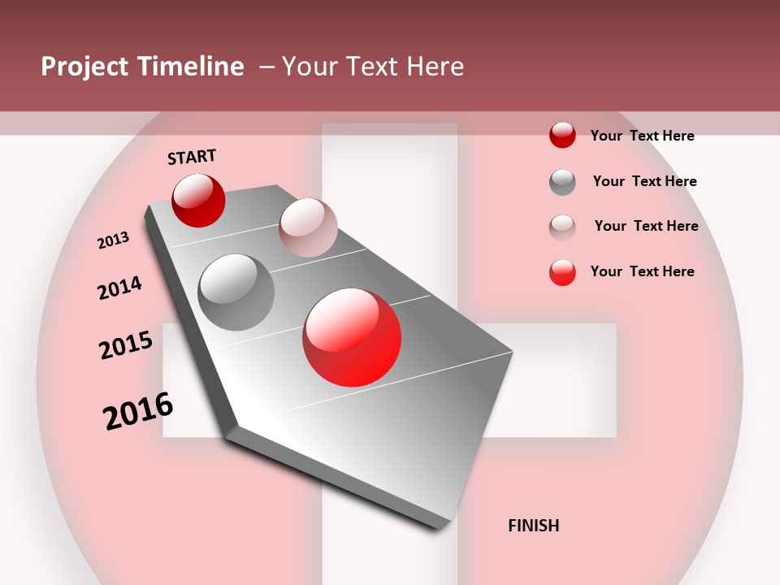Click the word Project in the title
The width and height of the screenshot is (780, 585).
84,67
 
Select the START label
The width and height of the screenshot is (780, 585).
192,157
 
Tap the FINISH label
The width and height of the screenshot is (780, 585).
533,526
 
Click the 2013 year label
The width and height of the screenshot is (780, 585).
113,240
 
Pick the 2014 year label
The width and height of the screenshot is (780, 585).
119,288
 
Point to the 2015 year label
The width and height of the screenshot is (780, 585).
126,345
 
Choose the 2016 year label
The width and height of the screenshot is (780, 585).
138,410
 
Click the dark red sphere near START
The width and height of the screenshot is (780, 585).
198,200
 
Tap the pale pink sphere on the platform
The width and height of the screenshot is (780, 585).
308,227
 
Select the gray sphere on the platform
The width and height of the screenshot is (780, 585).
236,292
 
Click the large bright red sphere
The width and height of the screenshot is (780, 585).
352,337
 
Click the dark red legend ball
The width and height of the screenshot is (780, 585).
562,136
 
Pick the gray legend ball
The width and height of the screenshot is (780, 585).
562,182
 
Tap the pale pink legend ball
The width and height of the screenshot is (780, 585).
562,227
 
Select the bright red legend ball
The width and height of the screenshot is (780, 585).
562,272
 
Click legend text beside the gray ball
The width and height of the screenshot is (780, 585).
644,181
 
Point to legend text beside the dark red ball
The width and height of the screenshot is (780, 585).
642,136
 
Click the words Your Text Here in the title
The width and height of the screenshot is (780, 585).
373,67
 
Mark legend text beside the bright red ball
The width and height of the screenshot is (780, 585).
642,271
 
